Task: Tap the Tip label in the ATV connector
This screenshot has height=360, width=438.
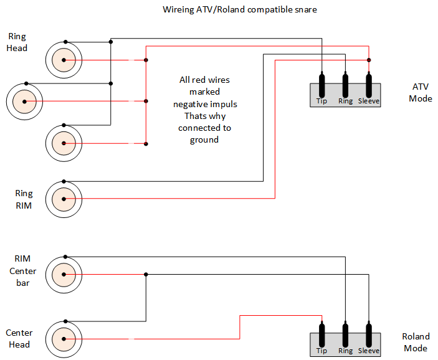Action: tap(321, 101)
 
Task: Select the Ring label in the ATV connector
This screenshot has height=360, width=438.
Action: tap(345, 101)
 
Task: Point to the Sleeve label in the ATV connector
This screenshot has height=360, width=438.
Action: tap(369, 101)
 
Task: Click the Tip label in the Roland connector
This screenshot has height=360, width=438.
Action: tap(321, 351)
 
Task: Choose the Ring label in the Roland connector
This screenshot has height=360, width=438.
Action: tap(345, 351)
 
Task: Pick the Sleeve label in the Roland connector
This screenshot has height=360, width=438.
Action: tap(369, 351)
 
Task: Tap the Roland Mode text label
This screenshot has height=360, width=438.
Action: tap(416, 343)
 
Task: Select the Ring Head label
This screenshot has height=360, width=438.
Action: tap(17, 42)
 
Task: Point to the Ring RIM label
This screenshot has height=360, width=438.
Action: tap(24, 199)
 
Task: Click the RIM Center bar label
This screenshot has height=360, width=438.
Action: tap(23, 271)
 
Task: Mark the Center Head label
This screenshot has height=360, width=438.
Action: tap(19, 339)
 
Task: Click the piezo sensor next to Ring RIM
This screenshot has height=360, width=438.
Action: tap(63, 199)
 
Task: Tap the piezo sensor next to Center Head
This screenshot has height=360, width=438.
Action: tap(63, 339)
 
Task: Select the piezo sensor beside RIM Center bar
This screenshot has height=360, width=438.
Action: tap(63, 274)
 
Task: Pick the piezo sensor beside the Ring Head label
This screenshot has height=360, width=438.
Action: tap(63, 60)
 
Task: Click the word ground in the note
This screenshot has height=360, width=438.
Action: tap(205, 140)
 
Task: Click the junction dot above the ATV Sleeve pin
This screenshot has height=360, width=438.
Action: tap(369, 60)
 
